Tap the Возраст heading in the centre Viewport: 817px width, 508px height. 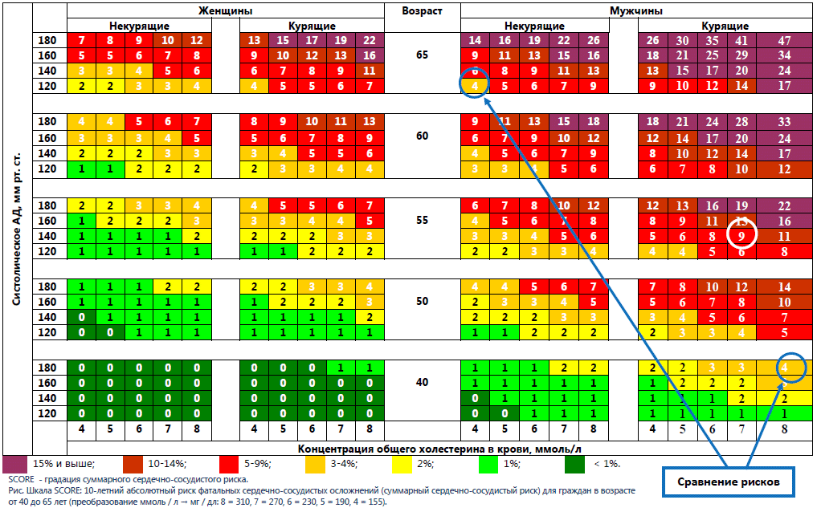tap(422, 11)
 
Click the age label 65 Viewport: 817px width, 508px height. tap(422, 56)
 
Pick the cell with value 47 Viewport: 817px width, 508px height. tap(784, 41)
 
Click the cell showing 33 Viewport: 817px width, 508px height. tap(784, 122)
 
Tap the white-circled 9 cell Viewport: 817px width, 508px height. tap(741, 236)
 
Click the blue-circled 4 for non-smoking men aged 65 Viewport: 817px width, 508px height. tap(475, 86)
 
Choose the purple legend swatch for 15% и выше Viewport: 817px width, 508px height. tap(15, 464)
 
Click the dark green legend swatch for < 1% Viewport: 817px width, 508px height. tap(574, 464)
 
